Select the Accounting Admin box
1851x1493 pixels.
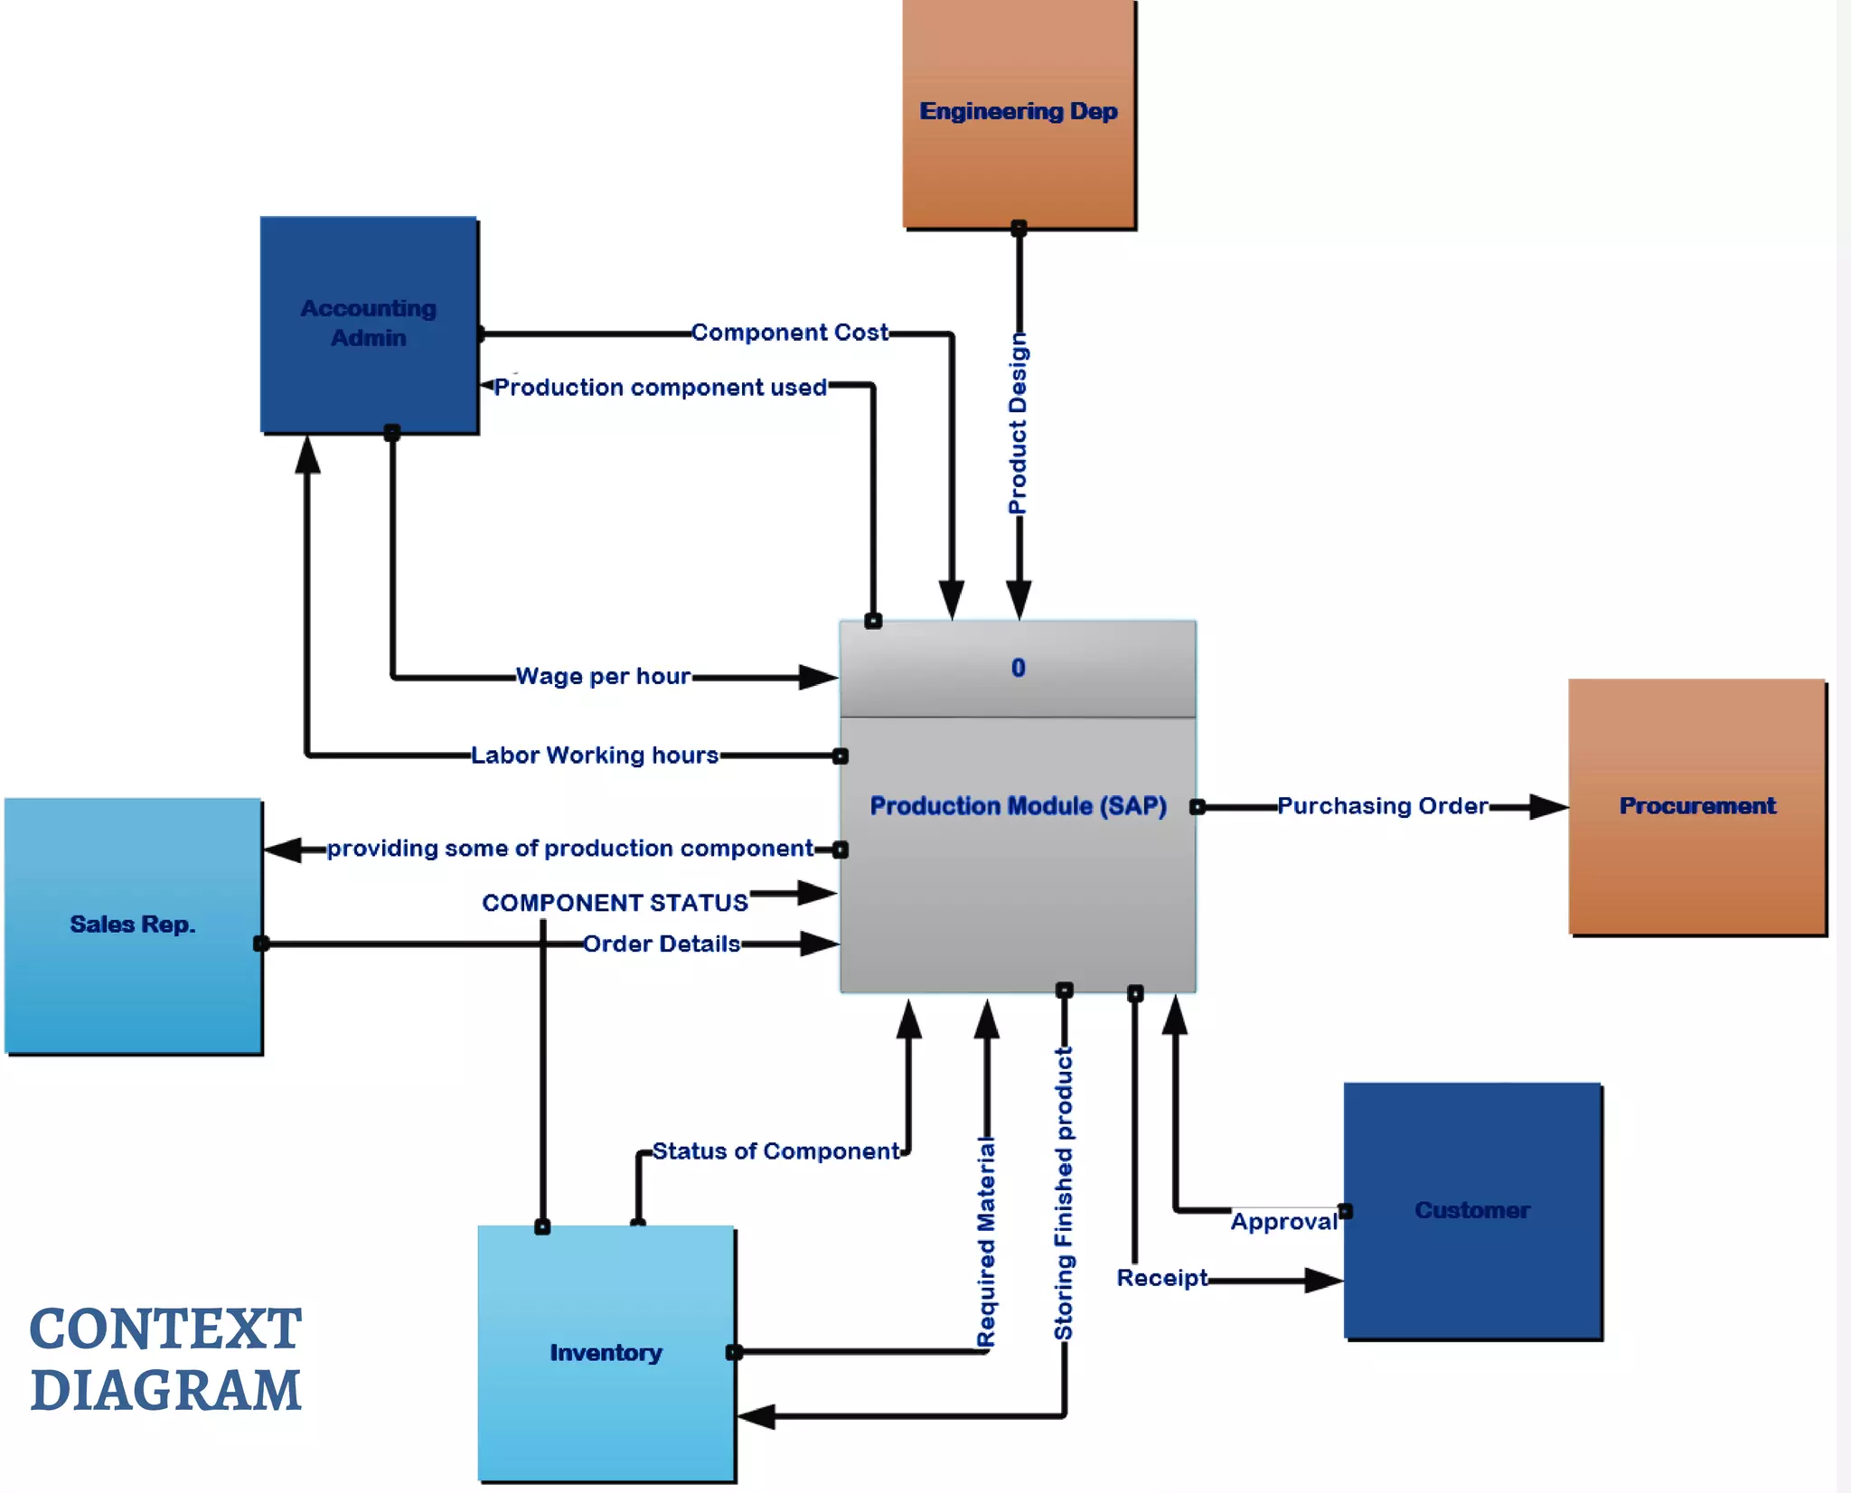pos(369,324)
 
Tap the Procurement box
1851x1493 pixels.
pos(1697,806)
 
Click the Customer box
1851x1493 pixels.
pos(1472,1210)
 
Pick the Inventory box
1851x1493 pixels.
pos(606,1352)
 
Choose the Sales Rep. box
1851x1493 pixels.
pos(133,925)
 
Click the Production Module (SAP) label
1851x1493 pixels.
pos(1018,806)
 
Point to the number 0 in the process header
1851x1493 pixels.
pos(1019,668)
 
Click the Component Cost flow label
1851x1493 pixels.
pos(789,333)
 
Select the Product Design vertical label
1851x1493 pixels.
pos(1019,423)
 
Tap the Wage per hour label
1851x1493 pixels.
pos(603,676)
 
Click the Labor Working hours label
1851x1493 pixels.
pos(595,755)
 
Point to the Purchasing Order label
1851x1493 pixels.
pos(1382,805)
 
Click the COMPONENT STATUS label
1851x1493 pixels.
pos(615,903)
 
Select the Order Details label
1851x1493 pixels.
pos(662,944)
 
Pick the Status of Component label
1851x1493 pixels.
pos(775,1150)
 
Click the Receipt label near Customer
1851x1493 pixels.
pos(1161,1278)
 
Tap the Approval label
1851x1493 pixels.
pos(1283,1222)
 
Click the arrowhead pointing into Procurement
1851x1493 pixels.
pos(1549,806)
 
